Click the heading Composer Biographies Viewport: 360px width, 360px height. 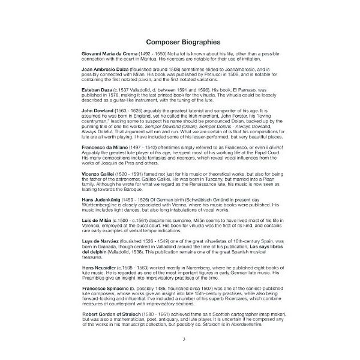[180, 42]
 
